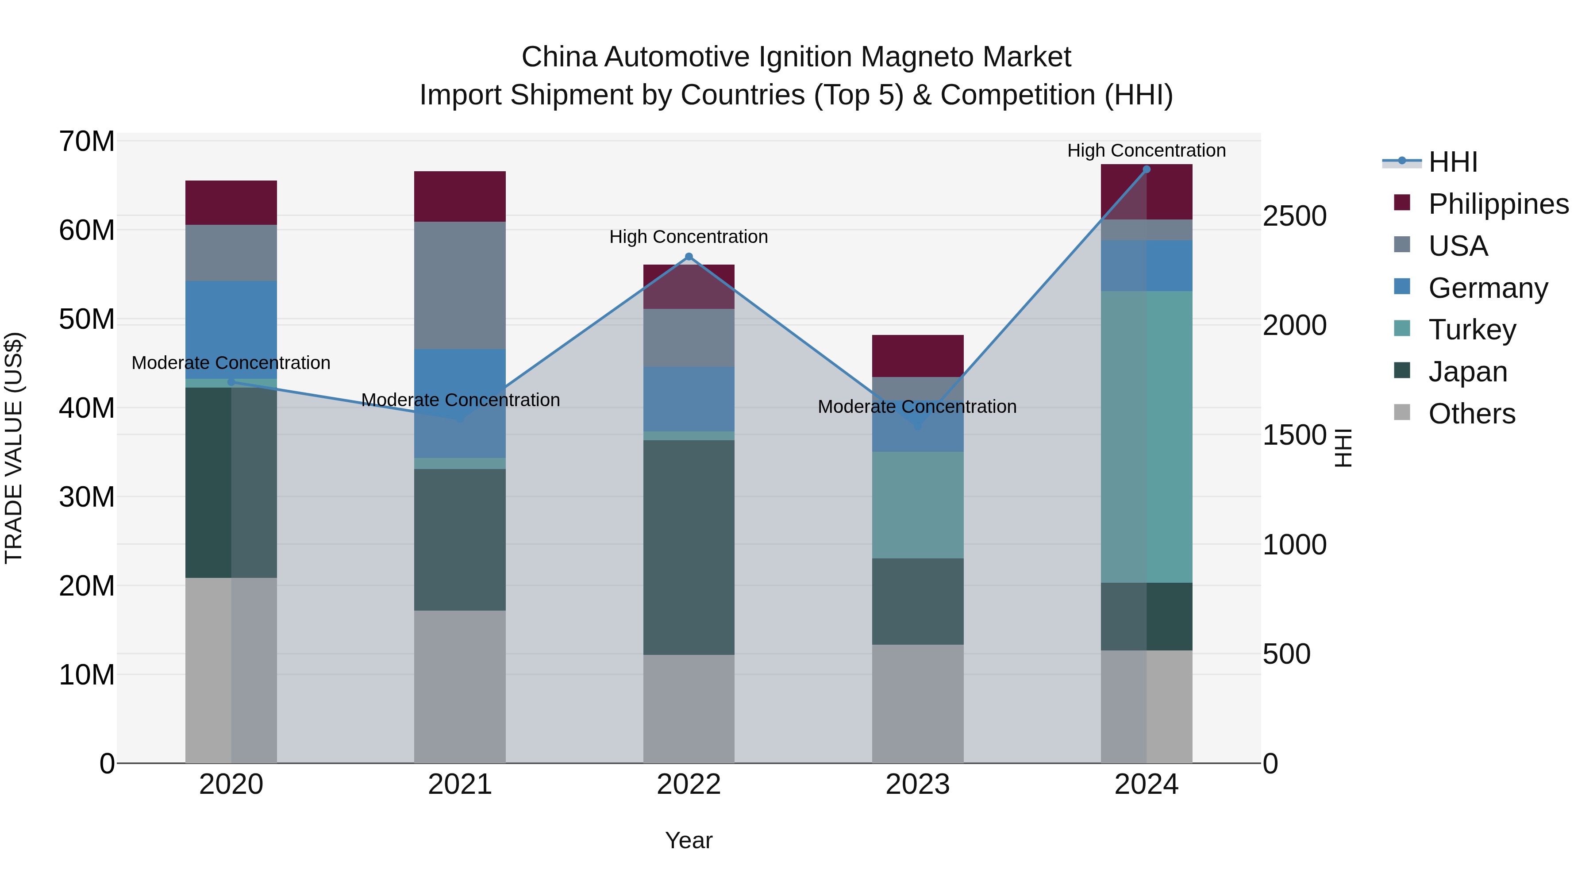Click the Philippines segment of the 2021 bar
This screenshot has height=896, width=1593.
[x=459, y=196]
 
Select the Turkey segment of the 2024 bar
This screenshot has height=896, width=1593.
[x=1146, y=437]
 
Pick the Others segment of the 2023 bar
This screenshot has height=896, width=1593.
[x=917, y=704]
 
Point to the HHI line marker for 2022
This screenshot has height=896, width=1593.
[x=689, y=257]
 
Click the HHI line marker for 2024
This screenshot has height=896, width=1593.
[x=1147, y=169]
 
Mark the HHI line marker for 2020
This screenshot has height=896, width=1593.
[x=231, y=382]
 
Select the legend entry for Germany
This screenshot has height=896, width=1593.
[x=1487, y=288]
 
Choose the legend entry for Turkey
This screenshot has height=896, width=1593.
[x=1472, y=330]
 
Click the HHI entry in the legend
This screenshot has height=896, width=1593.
[x=1453, y=162]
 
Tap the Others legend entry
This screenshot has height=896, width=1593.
[x=1471, y=414]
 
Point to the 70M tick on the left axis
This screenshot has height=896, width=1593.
[x=87, y=142]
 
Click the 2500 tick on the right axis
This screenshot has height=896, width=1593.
[x=1294, y=216]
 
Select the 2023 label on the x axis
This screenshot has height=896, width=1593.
[x=917, y=784]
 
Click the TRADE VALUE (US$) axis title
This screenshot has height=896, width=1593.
[x=14, y=448]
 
